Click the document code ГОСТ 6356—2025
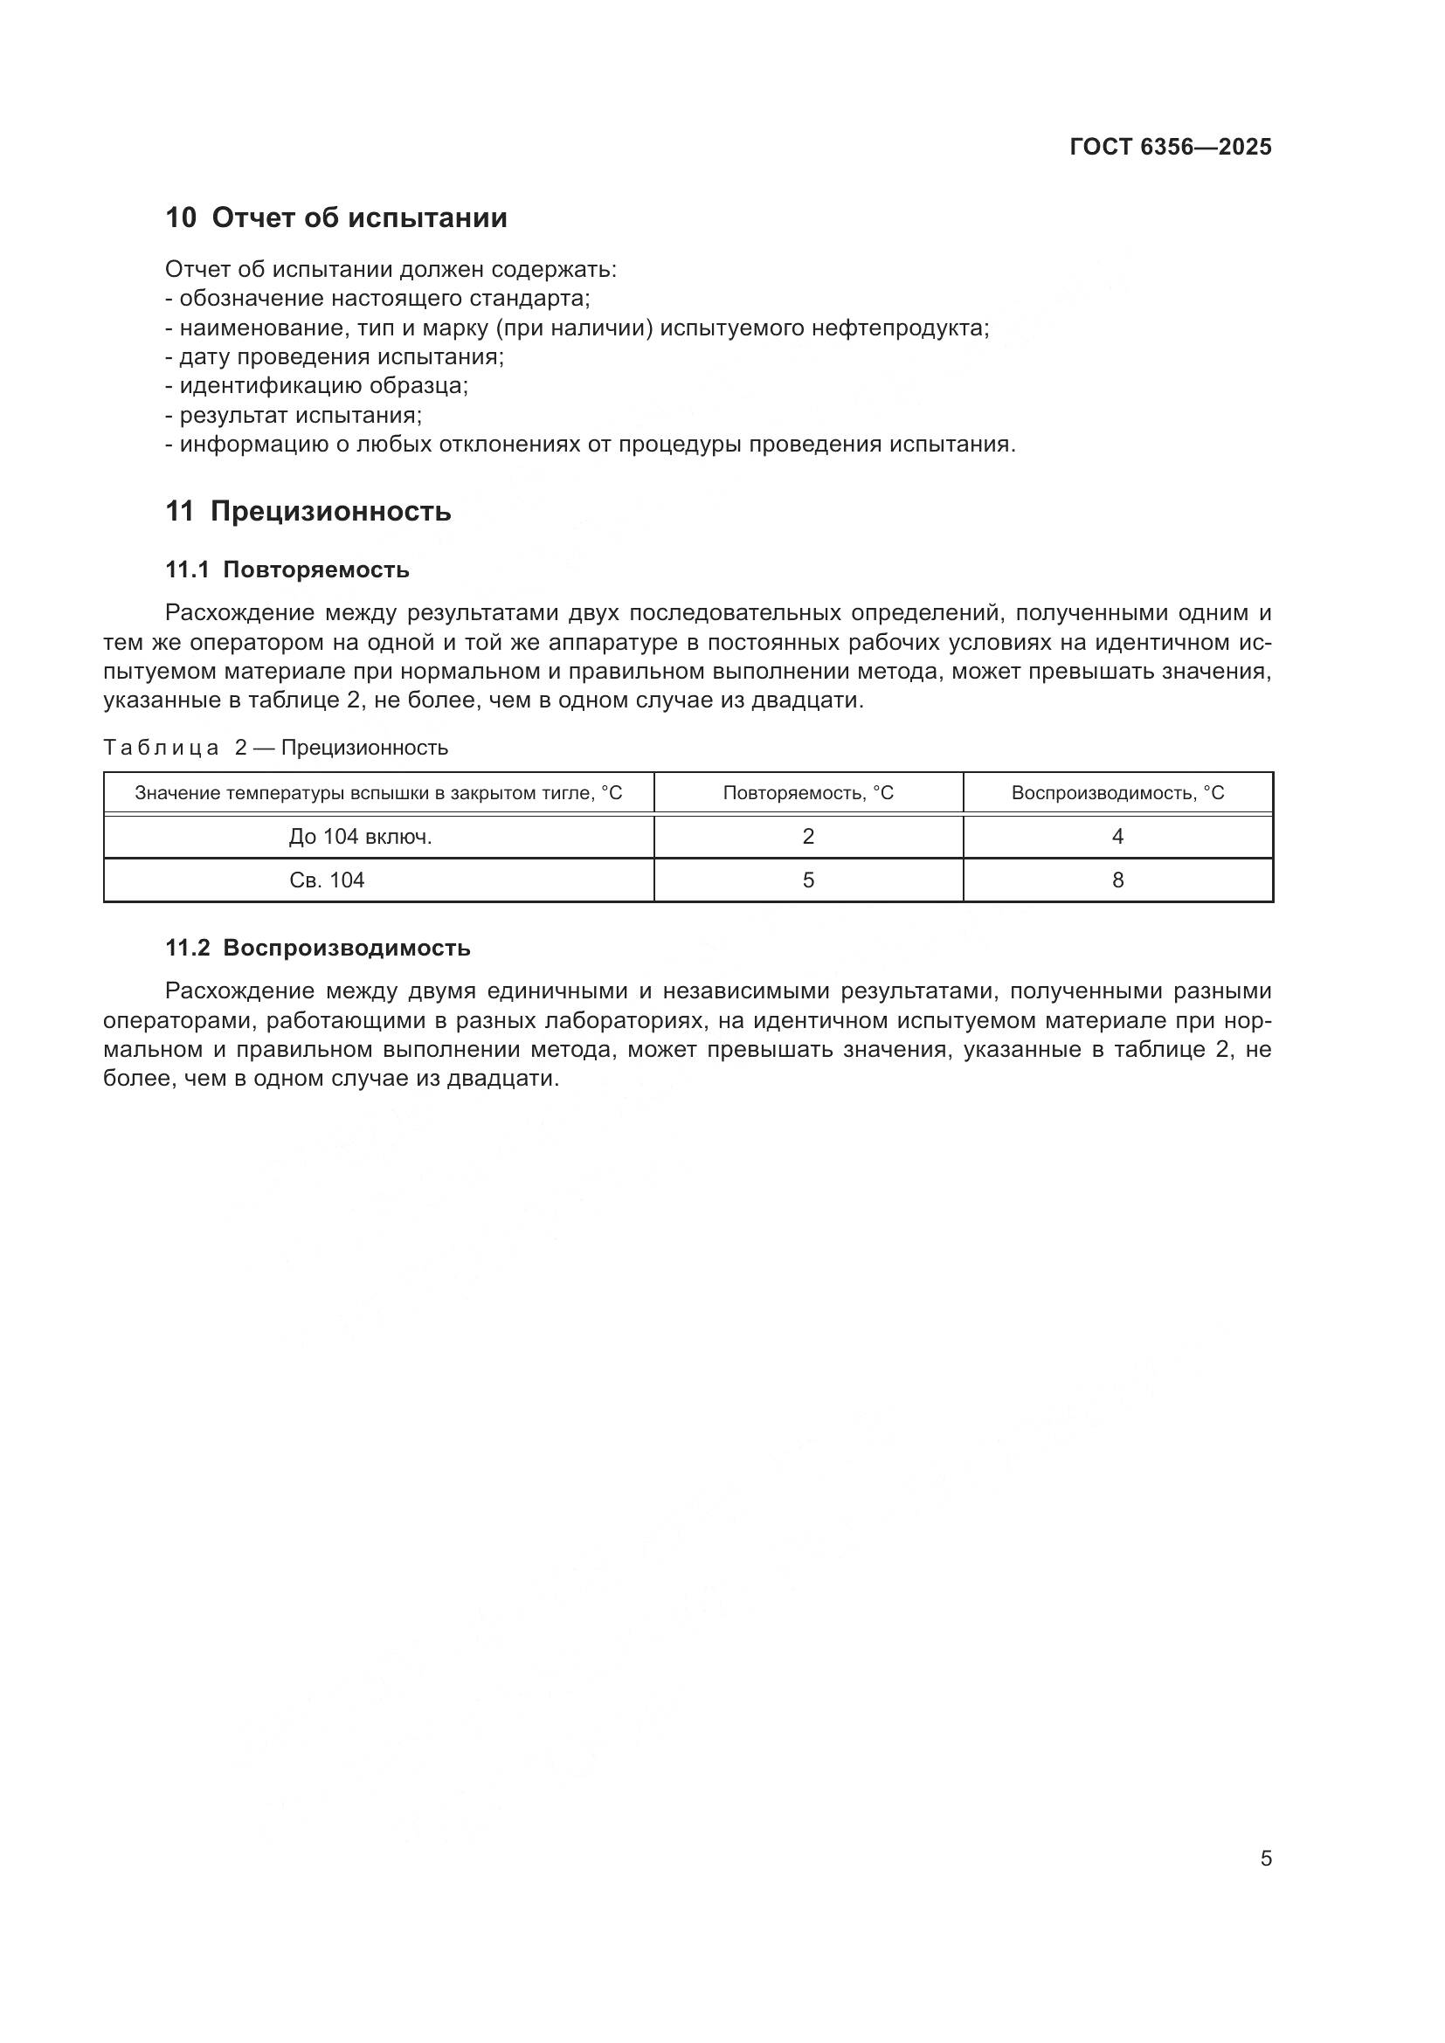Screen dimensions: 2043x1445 (x=1170, y=148)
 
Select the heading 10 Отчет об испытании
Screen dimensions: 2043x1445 (x=336, y=218)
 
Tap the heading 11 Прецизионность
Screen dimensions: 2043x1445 (x=308, y=512)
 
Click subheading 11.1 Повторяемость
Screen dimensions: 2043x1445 (x=287, y=570)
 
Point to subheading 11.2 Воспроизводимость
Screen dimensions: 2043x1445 (x=318, y=949)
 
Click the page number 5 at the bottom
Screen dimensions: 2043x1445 (x=1265, y=1859)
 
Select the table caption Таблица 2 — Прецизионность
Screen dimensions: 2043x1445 (x=276, y=748)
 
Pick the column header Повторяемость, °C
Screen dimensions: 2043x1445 (x=808, y=793)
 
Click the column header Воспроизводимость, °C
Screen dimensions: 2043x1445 (x=1117, y=793)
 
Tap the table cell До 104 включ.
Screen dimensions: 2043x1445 (x=360, y=837)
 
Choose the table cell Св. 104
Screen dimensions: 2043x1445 (x=328, y=880)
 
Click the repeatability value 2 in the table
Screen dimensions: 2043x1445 (x=808, y=837)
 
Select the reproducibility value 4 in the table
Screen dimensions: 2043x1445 (x=1117, y=837)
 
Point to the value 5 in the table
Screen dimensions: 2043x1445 (x=808, y=880)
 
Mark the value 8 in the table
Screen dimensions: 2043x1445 (x=1117, y=880)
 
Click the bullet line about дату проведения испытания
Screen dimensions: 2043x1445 (x=335, y=358)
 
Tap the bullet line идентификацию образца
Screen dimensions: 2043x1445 (x=317, y=386)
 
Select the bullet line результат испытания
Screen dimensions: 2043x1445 (x=294, y=416)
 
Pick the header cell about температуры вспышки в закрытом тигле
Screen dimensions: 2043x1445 (x=378, y=793)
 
